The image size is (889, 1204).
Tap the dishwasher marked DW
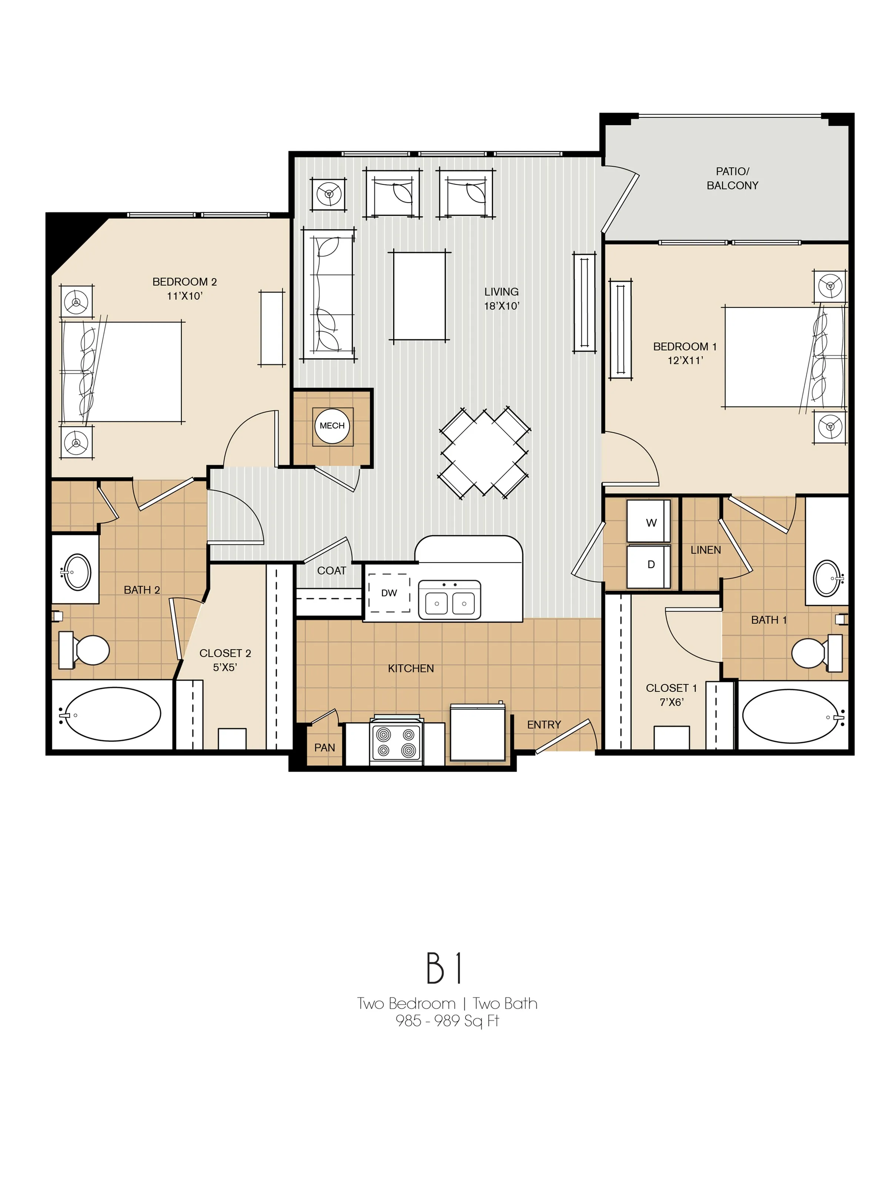click(x=389, y=593)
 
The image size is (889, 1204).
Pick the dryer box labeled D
click(x=649, y=566)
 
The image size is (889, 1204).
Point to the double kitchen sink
click(x=450, y=601)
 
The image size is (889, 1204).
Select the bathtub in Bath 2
click(x=113, y=715)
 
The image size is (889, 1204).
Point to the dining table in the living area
click(x=484, y=453)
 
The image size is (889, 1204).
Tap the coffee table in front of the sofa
click(x=419, y=296)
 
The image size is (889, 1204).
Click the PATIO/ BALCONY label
click(x=732, y=178)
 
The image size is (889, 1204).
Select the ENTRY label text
click(x=544, y=724)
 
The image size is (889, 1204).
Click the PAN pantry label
click(x=324, y=748)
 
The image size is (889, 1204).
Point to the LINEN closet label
click(x=705, y=550)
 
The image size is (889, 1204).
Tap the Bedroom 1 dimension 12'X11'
click(x=685, y=361)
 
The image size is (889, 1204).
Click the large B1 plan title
click(x=444, y=968)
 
